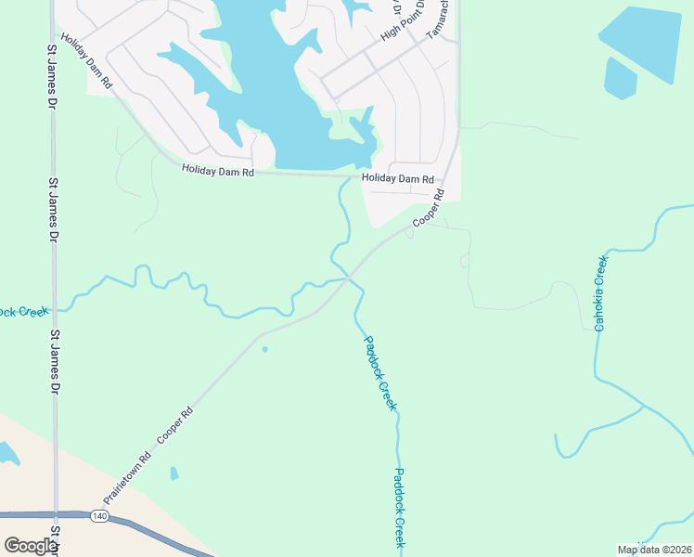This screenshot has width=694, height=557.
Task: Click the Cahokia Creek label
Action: (600, 293)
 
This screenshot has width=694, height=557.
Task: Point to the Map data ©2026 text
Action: (653, 550)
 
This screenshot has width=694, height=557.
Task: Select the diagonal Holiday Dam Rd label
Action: (86, 62)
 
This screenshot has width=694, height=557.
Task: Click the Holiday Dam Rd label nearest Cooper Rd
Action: (398, 178)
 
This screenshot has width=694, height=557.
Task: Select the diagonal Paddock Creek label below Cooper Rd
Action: (380, 373)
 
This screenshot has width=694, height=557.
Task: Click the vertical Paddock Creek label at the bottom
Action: (398, 507)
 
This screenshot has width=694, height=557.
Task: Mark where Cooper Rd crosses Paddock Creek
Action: (348, 277)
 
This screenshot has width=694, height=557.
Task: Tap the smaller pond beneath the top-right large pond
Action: (620, 78)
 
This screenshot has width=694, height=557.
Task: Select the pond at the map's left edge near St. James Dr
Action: (6, 453)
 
